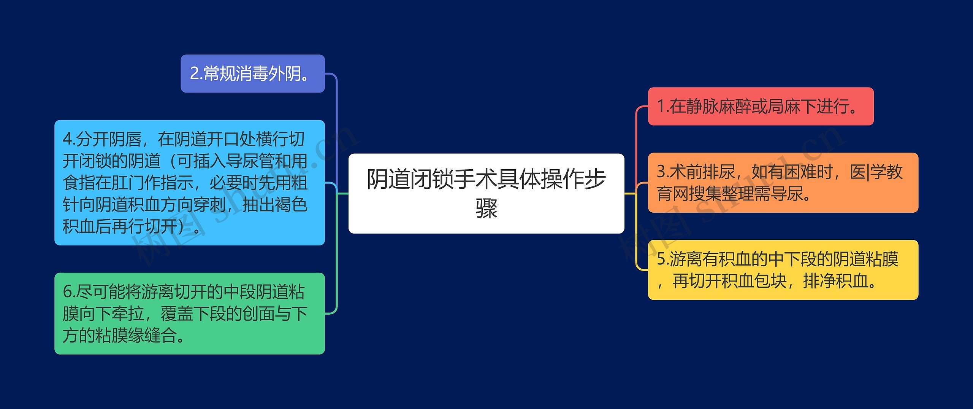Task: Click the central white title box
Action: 486,193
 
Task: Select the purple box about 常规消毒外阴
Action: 253,73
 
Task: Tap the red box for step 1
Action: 761,106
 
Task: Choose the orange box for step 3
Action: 783,183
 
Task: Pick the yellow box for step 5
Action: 783,270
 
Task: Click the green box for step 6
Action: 190,314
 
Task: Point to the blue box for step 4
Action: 190,183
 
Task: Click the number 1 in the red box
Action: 661,106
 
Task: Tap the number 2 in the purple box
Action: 195,73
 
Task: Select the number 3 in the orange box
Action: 661,172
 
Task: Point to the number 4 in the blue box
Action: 67,139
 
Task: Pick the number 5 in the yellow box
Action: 661,259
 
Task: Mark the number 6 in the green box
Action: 67,292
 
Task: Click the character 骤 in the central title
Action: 486,208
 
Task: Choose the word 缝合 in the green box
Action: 160,335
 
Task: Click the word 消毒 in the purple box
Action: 252,73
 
